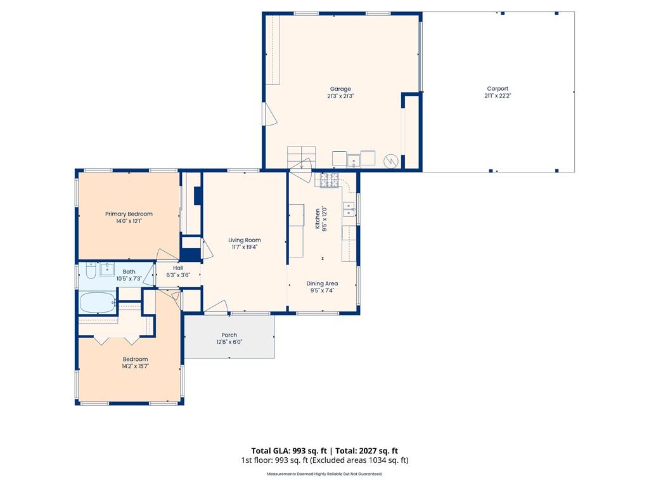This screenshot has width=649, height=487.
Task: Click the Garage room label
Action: [340, 89]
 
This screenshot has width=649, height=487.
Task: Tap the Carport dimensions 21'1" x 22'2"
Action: [498, 96]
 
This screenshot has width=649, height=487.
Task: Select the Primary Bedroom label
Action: [129, 214]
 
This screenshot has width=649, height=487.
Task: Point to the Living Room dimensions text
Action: [245, 247]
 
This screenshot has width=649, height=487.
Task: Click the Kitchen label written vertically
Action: [318, 219]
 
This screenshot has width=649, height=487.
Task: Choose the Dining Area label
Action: [322, 283]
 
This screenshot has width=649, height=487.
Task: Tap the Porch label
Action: [229, 335]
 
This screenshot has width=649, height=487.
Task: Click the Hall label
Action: [178, 268]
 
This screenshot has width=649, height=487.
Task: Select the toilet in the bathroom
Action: [91, 271]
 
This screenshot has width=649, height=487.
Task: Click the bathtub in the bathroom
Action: [98, 303]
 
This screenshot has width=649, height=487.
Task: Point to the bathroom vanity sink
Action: [107, 269]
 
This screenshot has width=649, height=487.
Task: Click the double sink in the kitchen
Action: [349, 209]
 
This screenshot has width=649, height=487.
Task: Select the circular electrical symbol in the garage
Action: [390, 161]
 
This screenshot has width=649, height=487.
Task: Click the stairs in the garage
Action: [301, 157]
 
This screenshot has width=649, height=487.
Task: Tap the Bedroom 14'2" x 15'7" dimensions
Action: [136, 366]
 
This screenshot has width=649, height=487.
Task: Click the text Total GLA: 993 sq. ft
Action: [289, 451]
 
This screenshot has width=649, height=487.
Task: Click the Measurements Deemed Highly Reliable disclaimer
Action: [324, 474]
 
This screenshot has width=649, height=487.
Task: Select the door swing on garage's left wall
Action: [270, 114]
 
